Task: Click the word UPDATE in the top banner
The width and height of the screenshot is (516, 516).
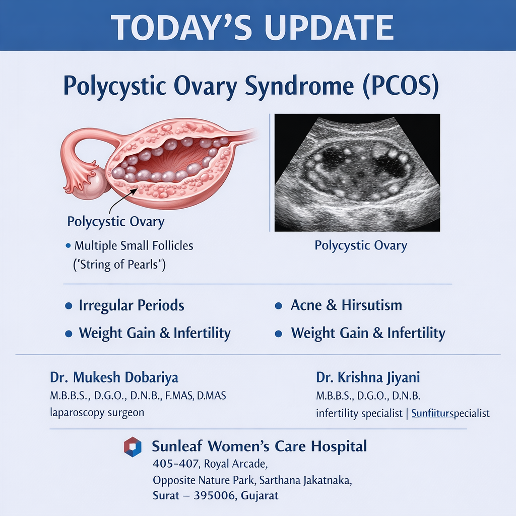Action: click(329, 27)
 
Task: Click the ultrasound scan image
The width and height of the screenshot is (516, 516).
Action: click(357, 172)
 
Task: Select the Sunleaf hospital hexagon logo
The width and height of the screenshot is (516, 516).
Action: click(133, 447)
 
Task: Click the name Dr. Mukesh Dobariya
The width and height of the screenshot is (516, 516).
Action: click(114, 377)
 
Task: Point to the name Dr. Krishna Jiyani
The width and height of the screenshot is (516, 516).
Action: click(367, 377)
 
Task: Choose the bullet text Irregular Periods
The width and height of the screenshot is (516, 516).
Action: click(132, 305)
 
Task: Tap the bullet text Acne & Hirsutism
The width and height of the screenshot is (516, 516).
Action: click(346, 305)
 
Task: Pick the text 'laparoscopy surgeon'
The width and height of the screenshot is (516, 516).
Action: click(97, 413)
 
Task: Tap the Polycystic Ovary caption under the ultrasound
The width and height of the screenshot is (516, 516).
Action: click(361, 245)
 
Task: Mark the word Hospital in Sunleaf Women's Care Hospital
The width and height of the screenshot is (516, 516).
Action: click(339, 446)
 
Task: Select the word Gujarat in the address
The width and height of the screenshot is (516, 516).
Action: click(260, 496)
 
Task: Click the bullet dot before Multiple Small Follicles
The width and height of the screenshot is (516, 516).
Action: click(68, 245)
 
